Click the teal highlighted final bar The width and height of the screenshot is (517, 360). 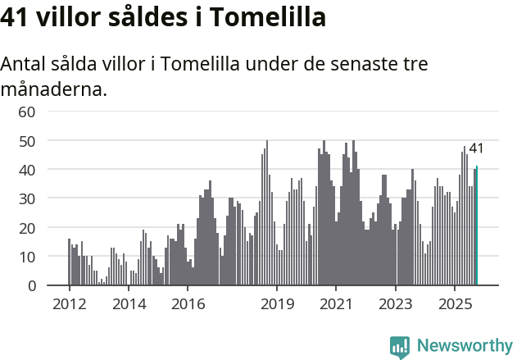tap(477, 226)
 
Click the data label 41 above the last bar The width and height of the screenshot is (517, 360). tap(476, 148)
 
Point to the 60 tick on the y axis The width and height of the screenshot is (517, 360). tap(27, 112)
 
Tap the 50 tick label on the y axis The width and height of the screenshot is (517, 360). tap(27, 140)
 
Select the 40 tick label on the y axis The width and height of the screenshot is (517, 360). tap(27, 170)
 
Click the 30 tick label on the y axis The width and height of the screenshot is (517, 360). tap(27, 198)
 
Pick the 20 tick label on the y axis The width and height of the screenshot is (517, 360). tap(27, 228)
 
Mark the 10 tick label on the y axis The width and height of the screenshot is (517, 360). tap(27, 257)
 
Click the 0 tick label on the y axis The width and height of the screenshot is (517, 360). tap(31, 286)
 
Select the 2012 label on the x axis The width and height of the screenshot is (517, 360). tap(69, 304)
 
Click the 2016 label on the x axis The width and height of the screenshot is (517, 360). tap(188, 304)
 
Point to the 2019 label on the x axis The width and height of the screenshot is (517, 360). tap(277, 304)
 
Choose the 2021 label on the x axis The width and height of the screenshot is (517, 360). tap(336, 304)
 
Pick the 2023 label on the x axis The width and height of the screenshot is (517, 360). tap(396, 304)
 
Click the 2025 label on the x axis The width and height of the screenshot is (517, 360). tap(456, 304)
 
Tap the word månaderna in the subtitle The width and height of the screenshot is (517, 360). tap(54, 89)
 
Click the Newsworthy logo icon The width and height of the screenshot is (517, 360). tap(400, 347)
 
